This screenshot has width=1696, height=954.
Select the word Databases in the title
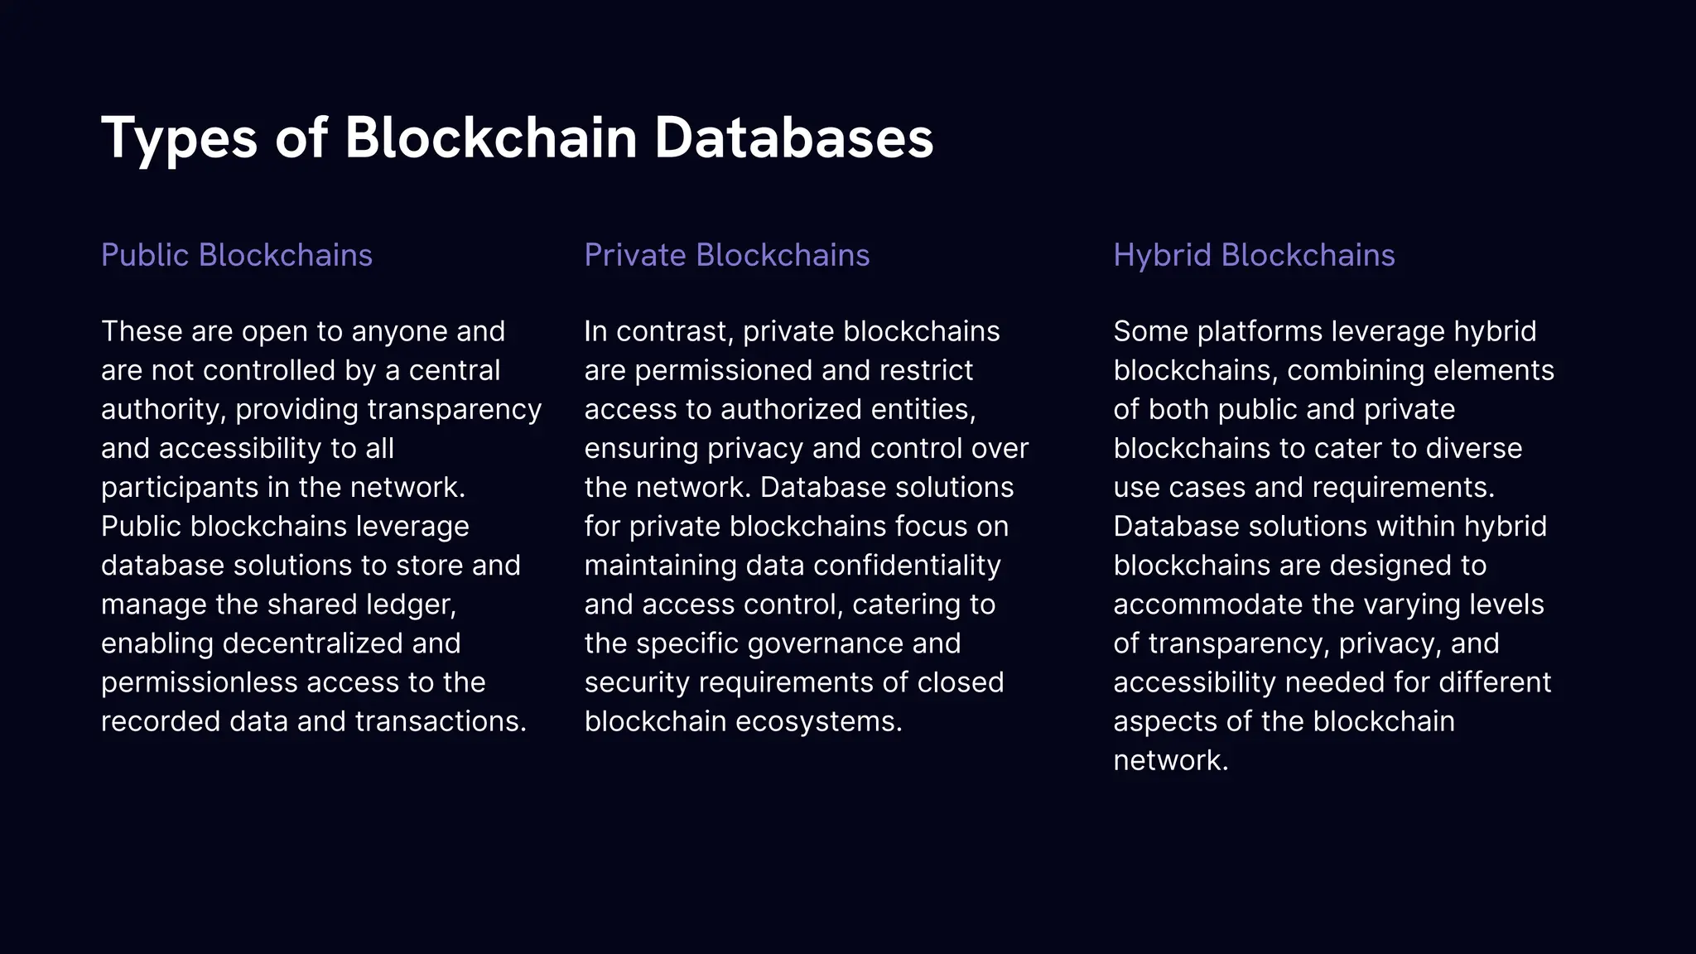coord(793,137)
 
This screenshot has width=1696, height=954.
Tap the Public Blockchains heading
coord(237,255)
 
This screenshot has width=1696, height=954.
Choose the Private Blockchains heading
coord(727,255)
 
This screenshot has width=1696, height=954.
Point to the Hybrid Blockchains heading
coord(1254,255)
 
